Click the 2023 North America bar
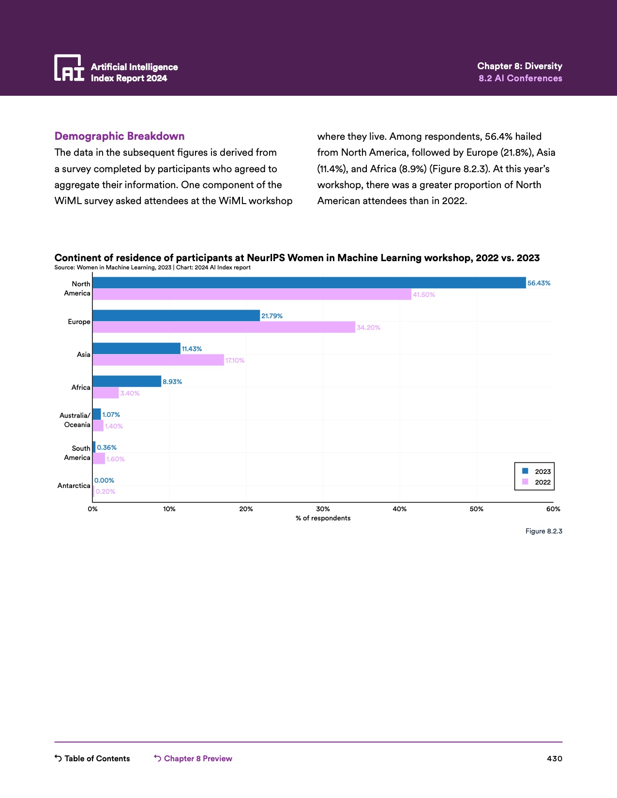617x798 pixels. click(309, 283)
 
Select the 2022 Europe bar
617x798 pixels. click(224, 327)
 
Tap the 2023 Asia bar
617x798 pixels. click(136, 348)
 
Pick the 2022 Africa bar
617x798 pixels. click(105, 393)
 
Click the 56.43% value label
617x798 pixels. click(539, 283)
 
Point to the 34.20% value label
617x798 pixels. click(368, 328)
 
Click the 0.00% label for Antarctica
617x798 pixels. click(104, 481)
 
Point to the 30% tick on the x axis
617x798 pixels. click(323, 509)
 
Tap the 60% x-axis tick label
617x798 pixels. click(553, 509)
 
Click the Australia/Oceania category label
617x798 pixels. click(75, 420)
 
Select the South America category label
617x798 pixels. click(77, 453)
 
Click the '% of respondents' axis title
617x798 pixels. click(323, 518)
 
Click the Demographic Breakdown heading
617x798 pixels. click(120, 136)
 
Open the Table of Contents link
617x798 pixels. click(92, 758)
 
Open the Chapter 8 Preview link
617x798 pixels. click(193, 758)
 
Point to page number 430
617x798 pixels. click(554, 758)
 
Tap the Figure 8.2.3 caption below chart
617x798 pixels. click(543, 531)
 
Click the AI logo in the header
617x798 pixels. click(69, 68)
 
